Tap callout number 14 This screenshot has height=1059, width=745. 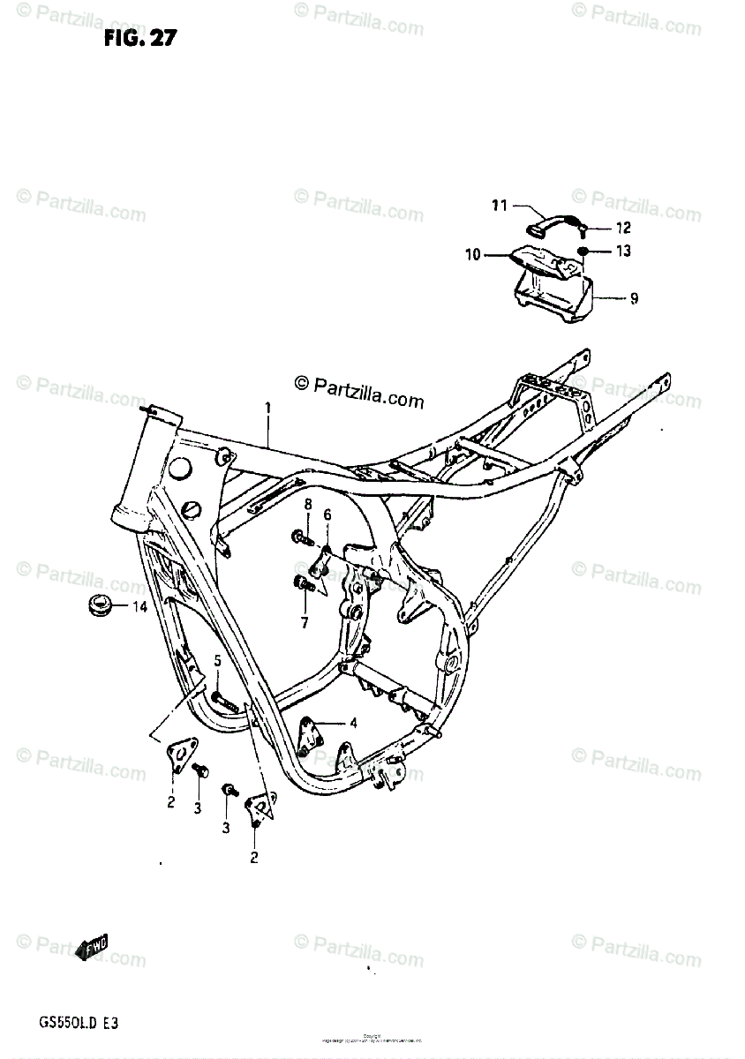click(139, 606)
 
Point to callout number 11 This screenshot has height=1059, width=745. click(500, 207)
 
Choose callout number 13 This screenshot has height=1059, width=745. click(623, 252)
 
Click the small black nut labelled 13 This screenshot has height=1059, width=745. click(583, 252)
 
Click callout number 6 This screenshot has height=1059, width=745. click(327, 514)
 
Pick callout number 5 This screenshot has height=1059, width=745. click(218, 660)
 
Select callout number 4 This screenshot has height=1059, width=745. click(352, 723)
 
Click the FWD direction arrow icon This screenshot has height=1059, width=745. click(94, 950)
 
